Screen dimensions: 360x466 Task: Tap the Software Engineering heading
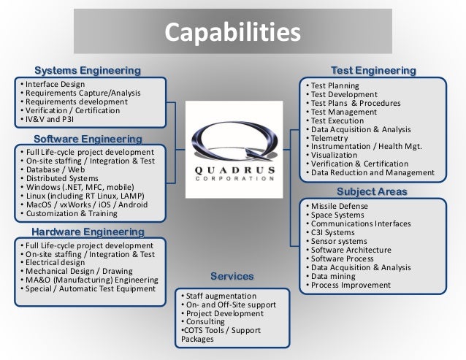(x=88, y=138)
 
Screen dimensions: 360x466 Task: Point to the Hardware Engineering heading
(x=88, y=231)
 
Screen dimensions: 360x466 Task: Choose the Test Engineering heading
(x=373, y=71)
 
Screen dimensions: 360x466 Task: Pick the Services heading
(x=232, y=277)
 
